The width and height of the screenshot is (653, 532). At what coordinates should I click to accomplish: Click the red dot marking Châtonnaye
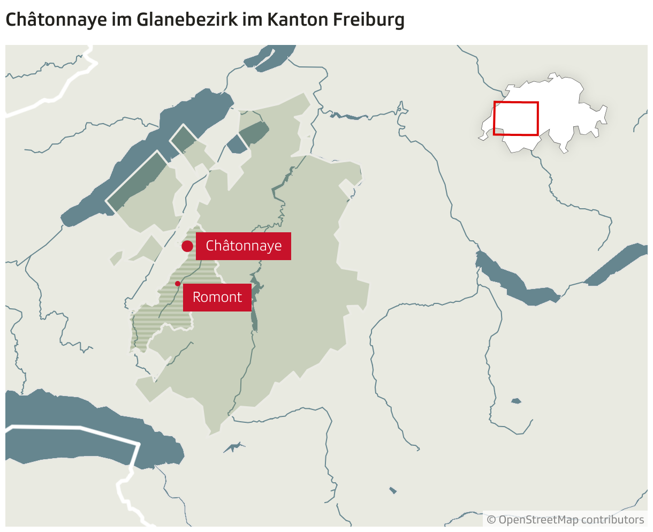coord(187,246)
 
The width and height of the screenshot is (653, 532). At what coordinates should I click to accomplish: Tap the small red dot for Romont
coord(178,284)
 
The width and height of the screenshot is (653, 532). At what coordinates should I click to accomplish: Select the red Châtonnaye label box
coord(244,246)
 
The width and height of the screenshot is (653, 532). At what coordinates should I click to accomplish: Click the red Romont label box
coord(217,297)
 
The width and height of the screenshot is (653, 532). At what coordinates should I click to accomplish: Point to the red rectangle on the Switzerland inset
coord(516,118)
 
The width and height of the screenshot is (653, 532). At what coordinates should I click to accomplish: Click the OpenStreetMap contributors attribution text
coord(565,520)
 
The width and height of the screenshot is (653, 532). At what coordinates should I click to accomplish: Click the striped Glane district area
coord(161,316)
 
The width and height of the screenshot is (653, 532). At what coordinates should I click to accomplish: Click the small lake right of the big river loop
coord(516,401)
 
